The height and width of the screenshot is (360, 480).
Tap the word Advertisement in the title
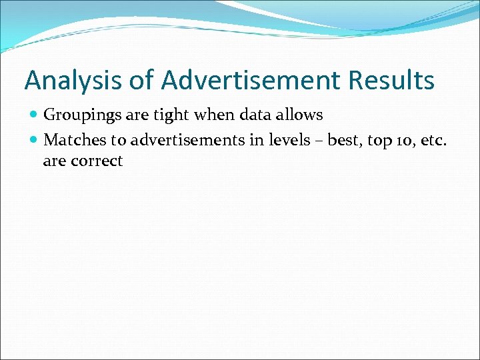[x=251, y=81]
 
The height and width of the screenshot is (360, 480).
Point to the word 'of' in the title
[x=141, y=81]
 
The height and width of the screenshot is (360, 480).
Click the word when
[x=214, y=115]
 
